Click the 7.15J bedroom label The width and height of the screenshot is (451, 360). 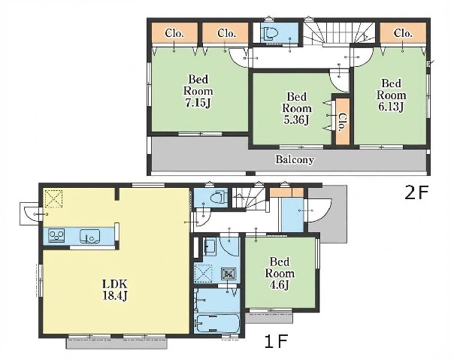click(x=198, y=91)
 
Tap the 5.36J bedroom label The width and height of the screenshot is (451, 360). click(x=297, y=108)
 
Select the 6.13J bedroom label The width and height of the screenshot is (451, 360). click(x=391, y=95)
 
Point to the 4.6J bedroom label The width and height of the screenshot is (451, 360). click(x=280, y=273)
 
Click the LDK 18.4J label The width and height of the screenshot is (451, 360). click(x=115, y=289)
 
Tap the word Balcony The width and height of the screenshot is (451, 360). click(x=295, y=159)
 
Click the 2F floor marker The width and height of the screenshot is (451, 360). click(x=416, y=192)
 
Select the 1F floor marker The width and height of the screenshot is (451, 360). click(x=276, y=342)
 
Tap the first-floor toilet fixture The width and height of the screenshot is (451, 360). click(x=218, y=198)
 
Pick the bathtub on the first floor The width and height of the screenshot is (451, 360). click(x=217, y=323)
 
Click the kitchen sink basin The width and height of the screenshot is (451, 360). click(x=90, y=236)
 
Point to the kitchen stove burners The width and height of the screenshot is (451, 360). click(x=56, y=235)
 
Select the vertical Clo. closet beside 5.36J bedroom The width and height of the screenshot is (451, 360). click(x=343, y=121)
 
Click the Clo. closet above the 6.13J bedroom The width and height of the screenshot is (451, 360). click(x=403, y=33)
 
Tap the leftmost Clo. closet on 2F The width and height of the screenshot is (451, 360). click(x=174, y=33)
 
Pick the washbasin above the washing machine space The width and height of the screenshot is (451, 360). click(x=210, y=246)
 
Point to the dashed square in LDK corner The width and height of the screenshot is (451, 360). click(x=54, y=198)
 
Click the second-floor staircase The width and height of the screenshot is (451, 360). click(x=340, y=34)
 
